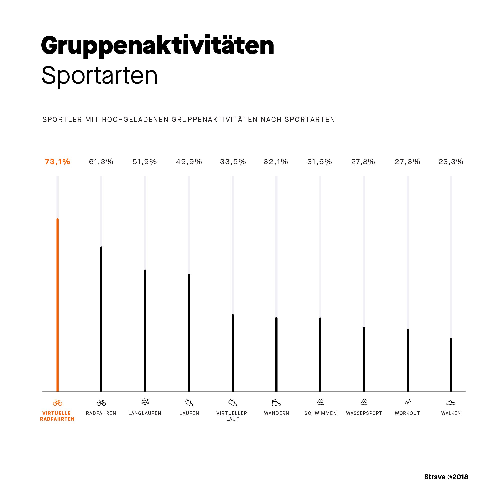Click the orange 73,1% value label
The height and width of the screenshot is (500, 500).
coord(57,162)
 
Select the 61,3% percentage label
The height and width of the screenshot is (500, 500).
coord(101,162)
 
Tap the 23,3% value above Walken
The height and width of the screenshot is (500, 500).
coord(451,162)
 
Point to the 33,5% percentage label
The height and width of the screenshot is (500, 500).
coord(233,162)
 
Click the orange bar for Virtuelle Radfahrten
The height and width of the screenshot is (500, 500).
coord(58,305)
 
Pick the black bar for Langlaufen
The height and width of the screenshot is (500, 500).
coord(145,331)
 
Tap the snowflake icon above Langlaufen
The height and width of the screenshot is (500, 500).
coord(145,402)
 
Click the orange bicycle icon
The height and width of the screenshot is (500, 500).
coord(58,403)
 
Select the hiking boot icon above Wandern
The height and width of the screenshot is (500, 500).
coord(276,403)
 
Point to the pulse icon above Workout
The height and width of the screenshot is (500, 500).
coord(407,402)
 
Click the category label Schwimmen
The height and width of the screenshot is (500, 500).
coord(320,413)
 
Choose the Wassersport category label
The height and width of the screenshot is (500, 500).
coord(364,413)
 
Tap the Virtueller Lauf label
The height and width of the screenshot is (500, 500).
coord(232,416)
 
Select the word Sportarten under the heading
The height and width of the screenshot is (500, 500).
coord(100,75)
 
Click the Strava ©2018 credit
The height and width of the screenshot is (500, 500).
coord(446,477)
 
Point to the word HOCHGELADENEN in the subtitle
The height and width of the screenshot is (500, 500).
coord(135,119)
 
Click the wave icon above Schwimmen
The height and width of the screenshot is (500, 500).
coord(320,402)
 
